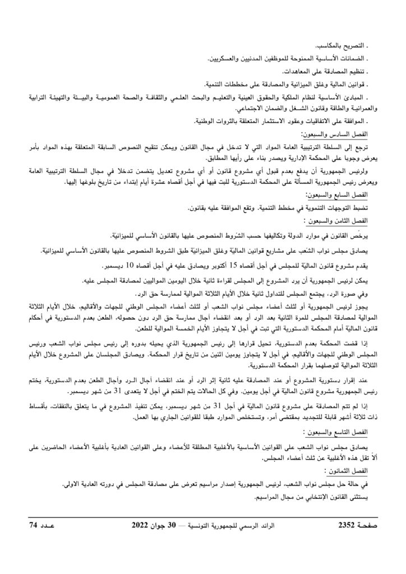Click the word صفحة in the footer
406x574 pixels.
[x=368, y=525]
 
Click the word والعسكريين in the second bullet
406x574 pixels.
[x=223, y=58]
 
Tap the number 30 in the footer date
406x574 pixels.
[x=178, y=525]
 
